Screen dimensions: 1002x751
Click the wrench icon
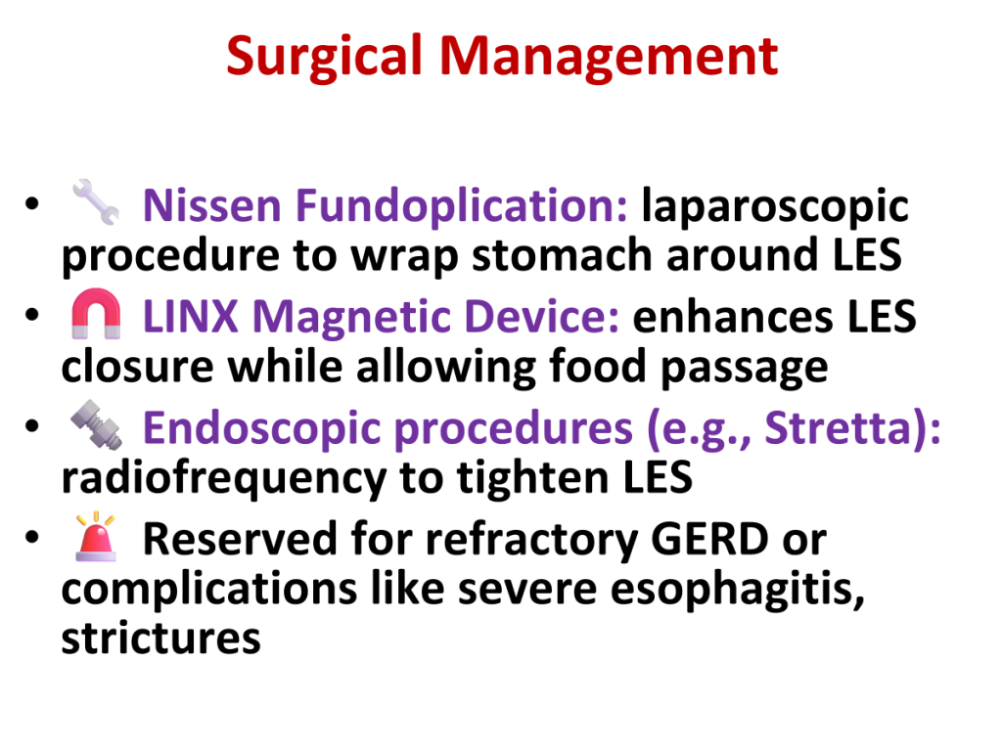[x=96, y=201]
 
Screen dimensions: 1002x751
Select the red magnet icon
[x=96, y=314]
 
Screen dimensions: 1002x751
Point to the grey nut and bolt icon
[x=96, y=424]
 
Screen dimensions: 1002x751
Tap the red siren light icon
[x=96, y=537]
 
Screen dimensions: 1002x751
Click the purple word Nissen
[x=211, y=205]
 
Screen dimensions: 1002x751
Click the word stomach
[x=562, y=255]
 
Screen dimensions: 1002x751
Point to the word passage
[x=744, y=369]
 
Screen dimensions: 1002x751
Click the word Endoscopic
[x=261, y=429]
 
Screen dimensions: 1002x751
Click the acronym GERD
[x=709, y=540]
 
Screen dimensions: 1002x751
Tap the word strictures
[x=161, y=638]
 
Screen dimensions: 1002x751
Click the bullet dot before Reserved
[x=32, y=537]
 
